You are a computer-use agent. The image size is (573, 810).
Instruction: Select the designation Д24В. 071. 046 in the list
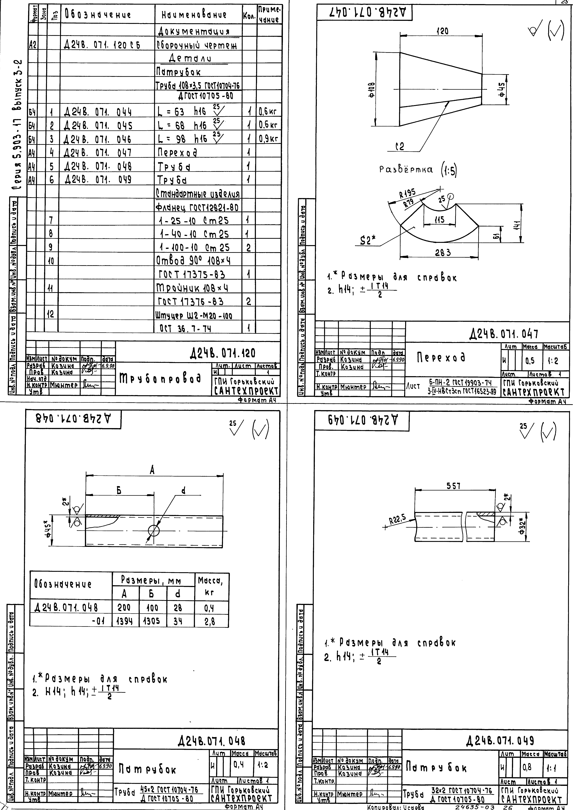pos(98,139)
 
